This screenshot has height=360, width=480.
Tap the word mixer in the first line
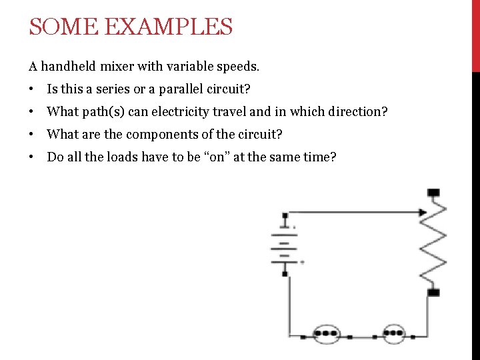coord(119,66)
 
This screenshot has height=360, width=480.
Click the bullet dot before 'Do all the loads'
coord(31,157)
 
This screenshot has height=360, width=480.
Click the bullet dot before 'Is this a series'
coord(31,89)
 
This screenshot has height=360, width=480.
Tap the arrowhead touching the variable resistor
coord(423,213)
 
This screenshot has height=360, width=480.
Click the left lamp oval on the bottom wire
coord(327,332)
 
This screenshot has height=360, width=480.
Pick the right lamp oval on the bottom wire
coord(393,332)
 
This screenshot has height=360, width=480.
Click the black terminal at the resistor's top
coord(433,193)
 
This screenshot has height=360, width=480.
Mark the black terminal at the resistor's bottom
coord(433,292)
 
